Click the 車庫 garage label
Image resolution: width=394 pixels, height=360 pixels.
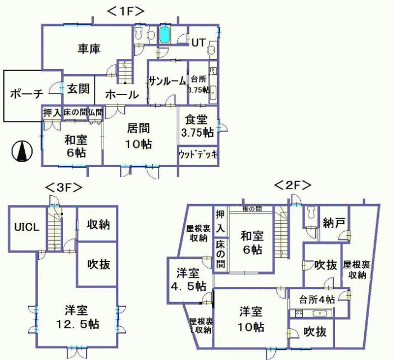click(88, 49)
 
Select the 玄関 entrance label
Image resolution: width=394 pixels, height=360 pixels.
click(76, 89)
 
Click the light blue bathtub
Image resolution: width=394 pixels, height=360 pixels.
click(165, 35)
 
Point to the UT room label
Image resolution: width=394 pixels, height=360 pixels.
click(198, 43)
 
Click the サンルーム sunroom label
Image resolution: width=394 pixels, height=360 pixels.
click(167, 82)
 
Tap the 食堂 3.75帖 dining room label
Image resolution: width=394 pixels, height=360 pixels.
click(197, 127)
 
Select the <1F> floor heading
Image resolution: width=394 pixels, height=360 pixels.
click(126, 10)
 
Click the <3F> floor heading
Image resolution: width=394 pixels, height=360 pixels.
click(64, 187)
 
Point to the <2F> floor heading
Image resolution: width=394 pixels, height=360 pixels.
click(292, 184)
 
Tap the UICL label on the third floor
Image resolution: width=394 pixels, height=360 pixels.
click(27, 227)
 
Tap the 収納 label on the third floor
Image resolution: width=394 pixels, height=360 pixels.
click(98, 224)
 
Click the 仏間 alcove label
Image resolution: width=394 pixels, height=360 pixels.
click(95, 112)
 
